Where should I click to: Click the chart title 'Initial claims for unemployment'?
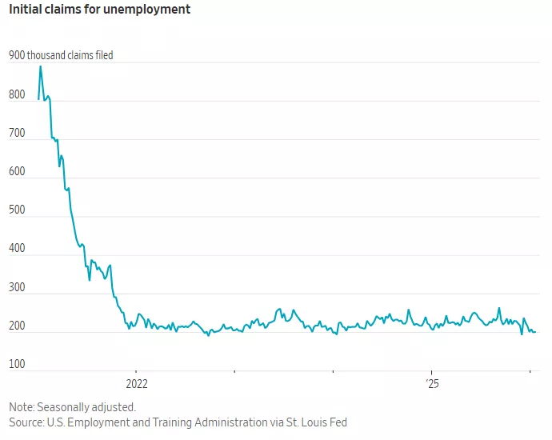(x=100, y=10)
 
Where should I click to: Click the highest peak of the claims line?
(x=41, y=66)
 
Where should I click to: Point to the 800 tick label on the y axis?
(x=18, y=95)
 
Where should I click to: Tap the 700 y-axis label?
(x=18, y=134)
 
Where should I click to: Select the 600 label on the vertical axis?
(x=18, y=172)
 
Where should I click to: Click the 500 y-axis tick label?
(x=18, y=210)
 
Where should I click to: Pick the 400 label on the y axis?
(x=18, y=249)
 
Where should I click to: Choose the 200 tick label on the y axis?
(x=18, y=326)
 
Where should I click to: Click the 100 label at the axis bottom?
(x=18, y=365)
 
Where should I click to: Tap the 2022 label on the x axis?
(x=137, y=382)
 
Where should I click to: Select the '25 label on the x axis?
(x=431, y=382)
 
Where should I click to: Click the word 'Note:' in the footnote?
(x=23, y=406)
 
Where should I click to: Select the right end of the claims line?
(x=535, y=331)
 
